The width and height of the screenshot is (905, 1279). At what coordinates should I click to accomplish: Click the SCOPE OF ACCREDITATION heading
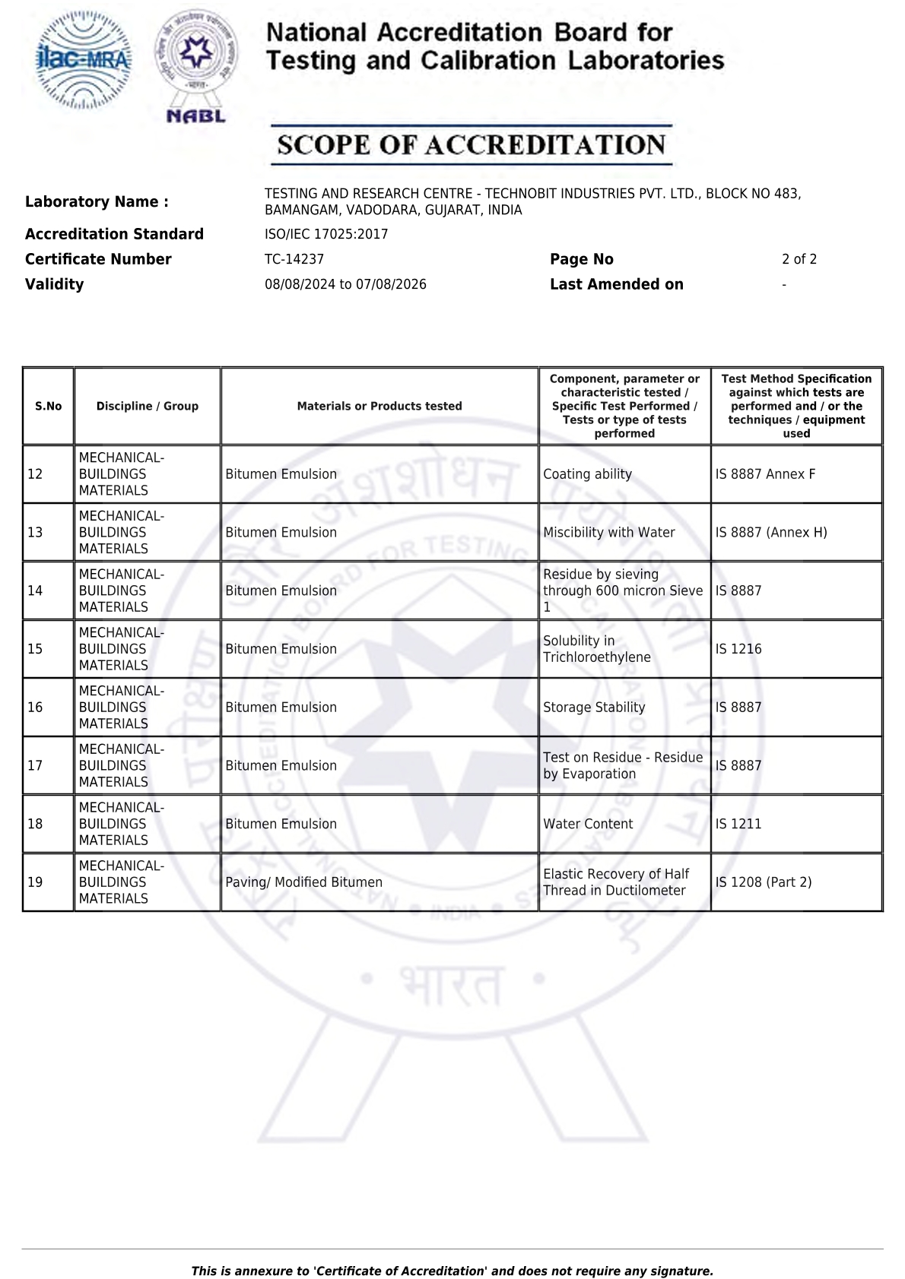pyautogui.click(x=472, y=145)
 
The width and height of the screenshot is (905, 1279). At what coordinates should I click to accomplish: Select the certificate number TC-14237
pyautogui.click(x=294, y=259)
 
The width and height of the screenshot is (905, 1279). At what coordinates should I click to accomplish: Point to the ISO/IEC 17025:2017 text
pyautogui.click(x=326, y=234)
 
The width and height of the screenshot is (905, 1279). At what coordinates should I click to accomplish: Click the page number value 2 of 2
pyautogui.click(x=799, y=259)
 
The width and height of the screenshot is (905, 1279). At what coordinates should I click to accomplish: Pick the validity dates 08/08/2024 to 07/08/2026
pyautogui.click(x=345, y=284)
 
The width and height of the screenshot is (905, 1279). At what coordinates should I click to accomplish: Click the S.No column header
pyautogui.click(x=49, y=407)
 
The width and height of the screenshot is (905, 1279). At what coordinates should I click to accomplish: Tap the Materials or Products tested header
pyautogui.click(x=379, y=407)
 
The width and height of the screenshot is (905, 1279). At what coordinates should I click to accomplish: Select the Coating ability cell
pyautogui.click(x=587, y=474)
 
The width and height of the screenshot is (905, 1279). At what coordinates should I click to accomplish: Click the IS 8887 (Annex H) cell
pyautogui.click(x=771, y=533)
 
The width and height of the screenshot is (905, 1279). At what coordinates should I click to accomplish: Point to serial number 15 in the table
pyautogui.click(x=35, y=649)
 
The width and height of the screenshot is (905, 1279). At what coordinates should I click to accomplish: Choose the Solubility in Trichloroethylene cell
pyautogui.click(x=597, y=649)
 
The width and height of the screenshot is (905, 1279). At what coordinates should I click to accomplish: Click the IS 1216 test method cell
pyautogui.click(x=738, y=649)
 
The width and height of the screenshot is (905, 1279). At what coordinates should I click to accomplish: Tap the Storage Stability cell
pyautogui.click(x=594, y=708)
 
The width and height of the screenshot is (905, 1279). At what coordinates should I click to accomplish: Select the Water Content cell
pyautogui.click(x=588, y=824)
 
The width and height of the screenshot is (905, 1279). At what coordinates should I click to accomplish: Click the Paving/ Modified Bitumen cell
pyautogui.click(x=304, y=882)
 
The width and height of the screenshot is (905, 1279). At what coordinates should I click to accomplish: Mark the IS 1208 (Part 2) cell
pyautogui.click(x=764, y=882)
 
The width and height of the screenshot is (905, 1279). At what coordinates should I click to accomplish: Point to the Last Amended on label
pyautogui.click(x=617, y=284)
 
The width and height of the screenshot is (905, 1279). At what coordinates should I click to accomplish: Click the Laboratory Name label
pyautogui.click(x=97, y=201)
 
